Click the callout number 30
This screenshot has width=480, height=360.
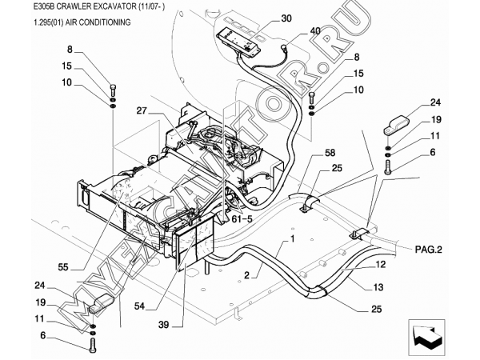(286, 18)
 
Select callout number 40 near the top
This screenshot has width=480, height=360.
(315, 31)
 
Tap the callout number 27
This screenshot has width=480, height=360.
(142, 110)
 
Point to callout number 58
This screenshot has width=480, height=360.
(330, 153)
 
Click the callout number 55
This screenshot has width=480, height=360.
(63, 267)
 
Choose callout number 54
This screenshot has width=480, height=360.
(139, 306)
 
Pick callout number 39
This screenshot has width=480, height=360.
(163, 325)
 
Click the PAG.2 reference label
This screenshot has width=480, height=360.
(429, 250)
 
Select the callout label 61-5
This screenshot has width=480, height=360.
(242, 218)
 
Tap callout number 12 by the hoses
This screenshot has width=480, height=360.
(380, 264)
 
